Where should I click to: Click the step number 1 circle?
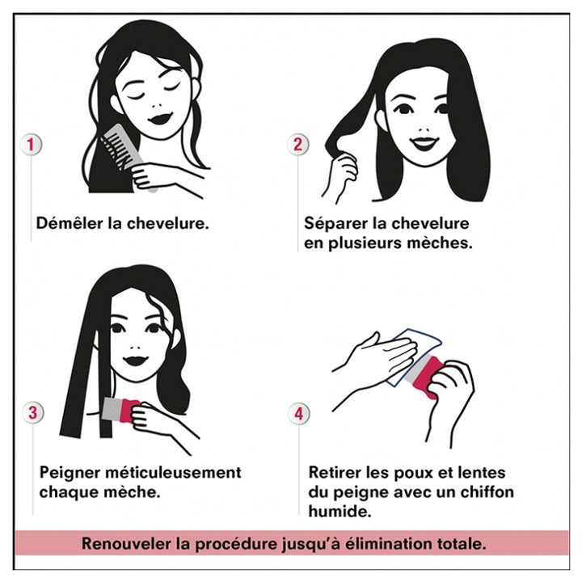point(31,145)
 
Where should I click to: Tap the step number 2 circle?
point(297,144)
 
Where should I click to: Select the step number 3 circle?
point(32,412)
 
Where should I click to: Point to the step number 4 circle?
point(299,413)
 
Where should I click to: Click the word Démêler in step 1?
point(70,223)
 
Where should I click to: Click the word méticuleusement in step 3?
point(174,473)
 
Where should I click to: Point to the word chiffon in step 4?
point(487,491)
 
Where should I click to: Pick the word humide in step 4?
point(339,512)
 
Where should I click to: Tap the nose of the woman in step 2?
point(424,129)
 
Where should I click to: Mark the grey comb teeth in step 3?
point(112,410)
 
